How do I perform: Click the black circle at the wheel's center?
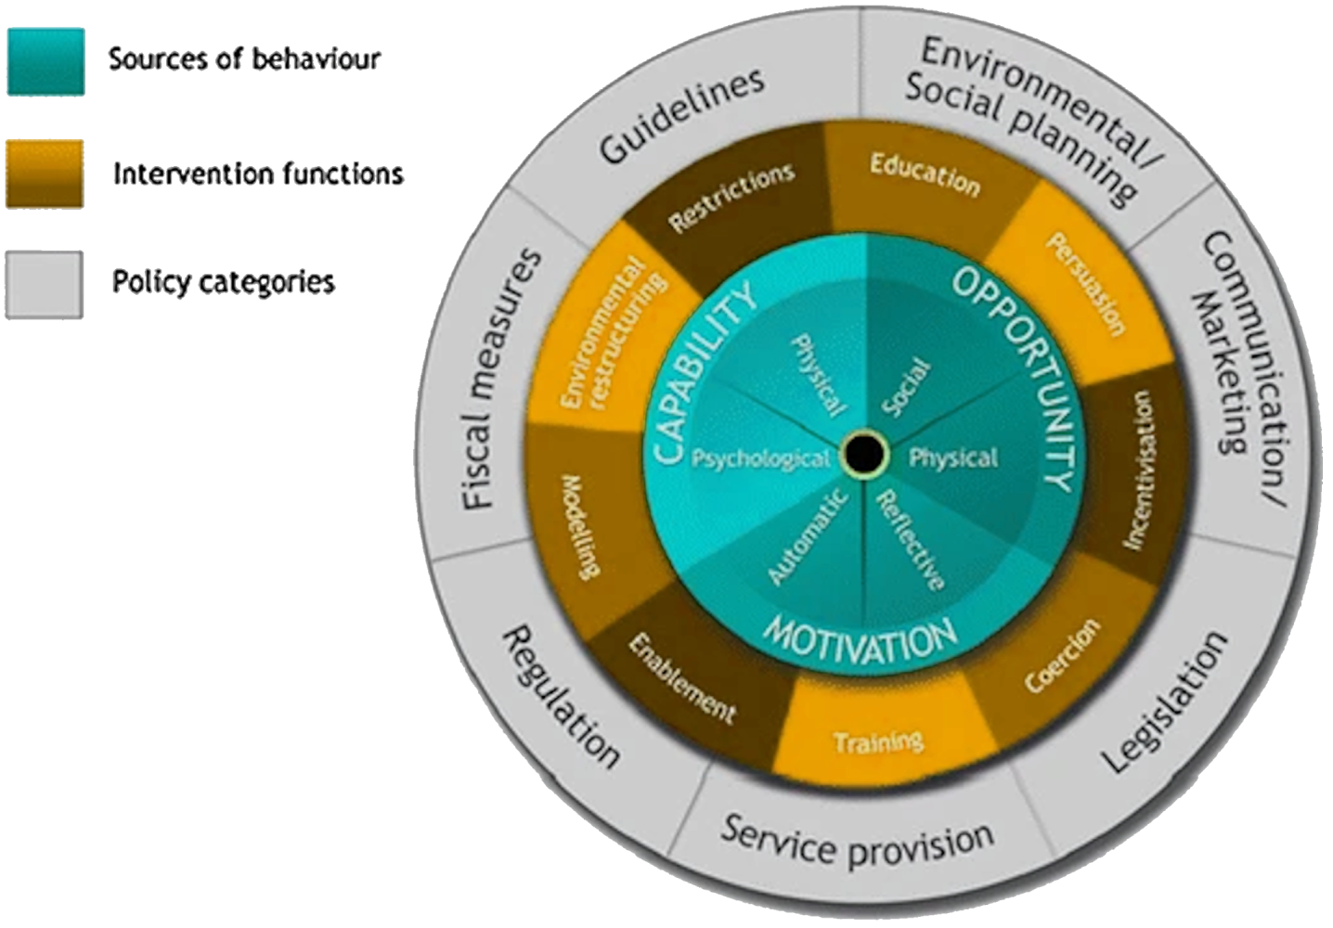click(863, 455)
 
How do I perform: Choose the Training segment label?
click(878, 741)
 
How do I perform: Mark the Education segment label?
click(925, 175)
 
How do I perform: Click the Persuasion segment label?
click(1085, 283)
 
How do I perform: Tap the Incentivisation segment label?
click(1138, 469)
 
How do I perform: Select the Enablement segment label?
click(681, 677)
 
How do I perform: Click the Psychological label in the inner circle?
click(761, 458)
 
